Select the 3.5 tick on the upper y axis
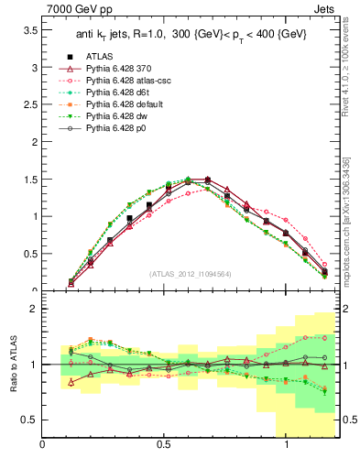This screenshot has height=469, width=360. click(31, 30)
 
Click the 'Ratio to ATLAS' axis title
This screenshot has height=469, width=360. click(12, 365)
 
